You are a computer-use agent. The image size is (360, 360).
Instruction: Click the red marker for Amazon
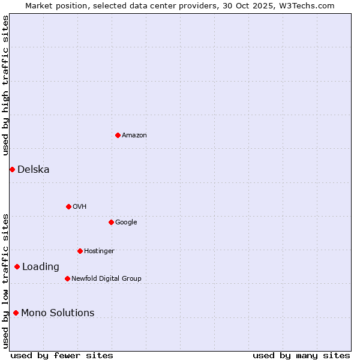118,135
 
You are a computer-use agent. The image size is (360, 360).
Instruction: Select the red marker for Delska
12,169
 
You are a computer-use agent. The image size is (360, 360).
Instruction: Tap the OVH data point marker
68,206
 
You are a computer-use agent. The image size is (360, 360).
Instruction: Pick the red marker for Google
111,222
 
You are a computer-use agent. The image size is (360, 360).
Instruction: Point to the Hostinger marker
80,251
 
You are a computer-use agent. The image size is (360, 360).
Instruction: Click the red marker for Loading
17,266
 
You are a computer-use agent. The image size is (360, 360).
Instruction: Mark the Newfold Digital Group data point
67,278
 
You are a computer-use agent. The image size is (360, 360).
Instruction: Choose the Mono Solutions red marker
16,313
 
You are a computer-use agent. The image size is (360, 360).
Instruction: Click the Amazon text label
134,136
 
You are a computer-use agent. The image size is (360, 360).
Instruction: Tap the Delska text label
34,170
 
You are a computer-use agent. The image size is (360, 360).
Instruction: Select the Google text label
126,223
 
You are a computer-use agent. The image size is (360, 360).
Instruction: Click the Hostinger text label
99,251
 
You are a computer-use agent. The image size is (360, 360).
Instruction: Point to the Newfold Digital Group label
106,279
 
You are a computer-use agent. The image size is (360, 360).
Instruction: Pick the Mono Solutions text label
58,313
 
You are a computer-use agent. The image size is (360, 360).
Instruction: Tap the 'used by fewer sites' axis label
62,355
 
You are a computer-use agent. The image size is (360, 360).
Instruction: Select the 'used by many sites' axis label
301,355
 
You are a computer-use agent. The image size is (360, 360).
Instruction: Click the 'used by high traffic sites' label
5,85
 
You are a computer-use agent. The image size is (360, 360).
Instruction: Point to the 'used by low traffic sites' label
5,281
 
